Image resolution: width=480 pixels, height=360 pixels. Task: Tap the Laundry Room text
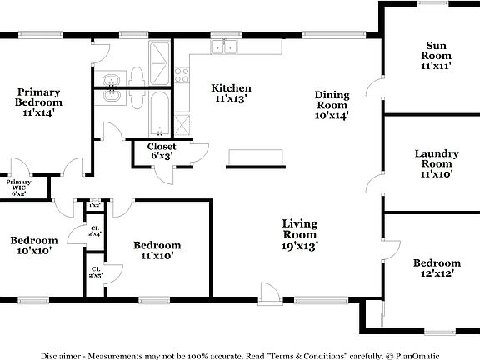click(437, 163)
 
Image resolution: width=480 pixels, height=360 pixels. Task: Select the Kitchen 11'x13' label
click(231, 93)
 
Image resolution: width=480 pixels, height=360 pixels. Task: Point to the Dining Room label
click(331, 105)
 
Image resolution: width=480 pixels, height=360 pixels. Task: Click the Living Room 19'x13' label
click(301, 234)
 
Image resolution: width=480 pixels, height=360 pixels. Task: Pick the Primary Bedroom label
click(39, 102)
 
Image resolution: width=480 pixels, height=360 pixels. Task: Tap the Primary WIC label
click(18, 186)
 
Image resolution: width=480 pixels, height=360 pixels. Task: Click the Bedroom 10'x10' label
click(34, 245)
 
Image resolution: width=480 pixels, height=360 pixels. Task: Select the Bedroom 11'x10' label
click(157, 251)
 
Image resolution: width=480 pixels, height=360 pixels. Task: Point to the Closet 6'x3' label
click(162, 151)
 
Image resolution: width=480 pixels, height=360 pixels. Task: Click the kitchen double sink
click(224, 47)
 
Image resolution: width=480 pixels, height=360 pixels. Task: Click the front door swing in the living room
click(270, 292)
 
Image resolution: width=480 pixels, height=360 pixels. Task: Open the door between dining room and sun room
click(374, 88)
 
